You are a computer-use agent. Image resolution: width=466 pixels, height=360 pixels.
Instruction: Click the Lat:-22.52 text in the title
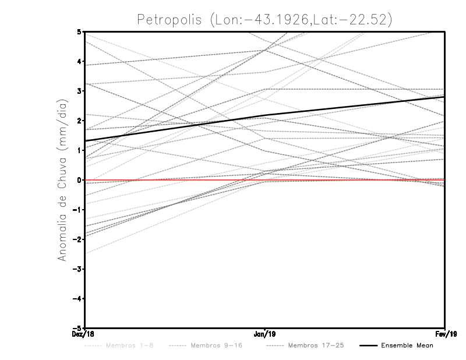point(348,19)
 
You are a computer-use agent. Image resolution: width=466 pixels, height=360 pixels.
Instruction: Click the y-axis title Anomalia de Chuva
point(61,179)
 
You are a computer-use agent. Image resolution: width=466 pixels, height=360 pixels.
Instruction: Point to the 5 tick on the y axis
point(79,31)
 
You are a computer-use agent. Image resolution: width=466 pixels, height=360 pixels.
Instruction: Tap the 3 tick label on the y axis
point(79,91)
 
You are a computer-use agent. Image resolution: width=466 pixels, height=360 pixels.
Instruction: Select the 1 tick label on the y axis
point(79,150)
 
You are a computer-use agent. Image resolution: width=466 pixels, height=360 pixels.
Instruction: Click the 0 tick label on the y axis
point(79,180)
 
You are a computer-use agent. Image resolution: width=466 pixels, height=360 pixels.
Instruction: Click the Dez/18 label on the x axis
point(84,334)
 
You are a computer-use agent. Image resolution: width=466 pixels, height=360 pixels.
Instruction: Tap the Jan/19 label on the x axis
point(264,334)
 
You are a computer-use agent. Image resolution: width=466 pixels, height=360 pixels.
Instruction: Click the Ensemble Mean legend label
point(407,345)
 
